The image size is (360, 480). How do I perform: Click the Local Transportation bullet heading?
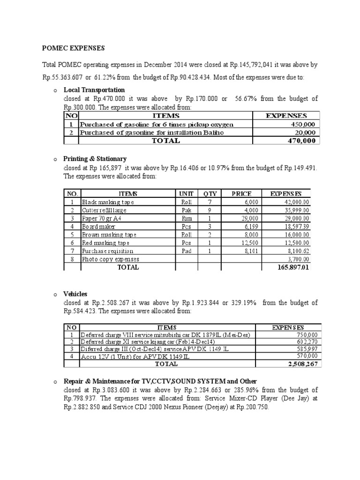[94, 90]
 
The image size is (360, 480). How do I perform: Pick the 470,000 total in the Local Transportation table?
[300, 140]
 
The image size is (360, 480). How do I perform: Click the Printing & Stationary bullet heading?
[95, 159]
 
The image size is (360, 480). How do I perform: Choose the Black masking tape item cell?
[108, 202]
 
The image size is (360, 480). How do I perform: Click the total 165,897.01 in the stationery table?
[293, 267]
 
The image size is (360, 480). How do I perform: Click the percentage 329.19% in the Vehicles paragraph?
[243, 303]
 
